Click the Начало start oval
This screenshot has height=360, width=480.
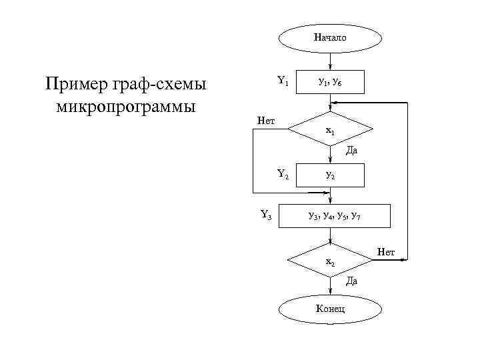pyautogui.click(x=331, y=38)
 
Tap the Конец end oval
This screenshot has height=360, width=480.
pyautogui.click(x=331, y=309)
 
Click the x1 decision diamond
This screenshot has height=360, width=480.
pyautogui.click(x=331, y=131)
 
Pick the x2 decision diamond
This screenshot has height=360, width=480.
pyautogui.click(x=331, y=261)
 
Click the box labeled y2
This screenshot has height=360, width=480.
pyautogui.click(x=331, y=175)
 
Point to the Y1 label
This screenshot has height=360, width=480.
pyautogui.click(x=283, y=81)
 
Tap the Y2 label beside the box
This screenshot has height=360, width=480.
pyautogui.click(x=283, y=175)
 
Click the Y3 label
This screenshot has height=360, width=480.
pyautogui.click(x=265, y=215)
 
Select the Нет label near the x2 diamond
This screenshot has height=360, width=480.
pyautogui.click(x=386, y=251)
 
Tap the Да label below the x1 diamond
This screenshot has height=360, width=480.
pyautogui.click(x=351, y=151)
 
